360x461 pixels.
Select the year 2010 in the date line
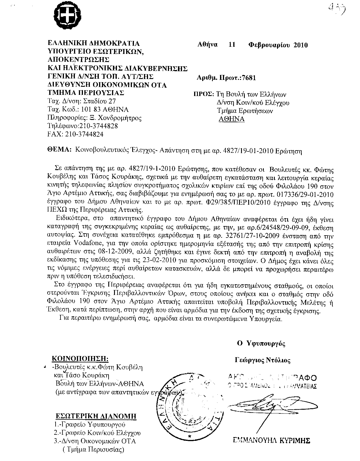(x=300, y=45)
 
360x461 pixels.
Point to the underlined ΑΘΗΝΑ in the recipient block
(x=232, y=119)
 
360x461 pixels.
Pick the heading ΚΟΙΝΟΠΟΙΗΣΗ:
(x=80, y=359)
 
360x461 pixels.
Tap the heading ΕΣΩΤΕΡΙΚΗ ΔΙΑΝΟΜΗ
(x=96, y=416)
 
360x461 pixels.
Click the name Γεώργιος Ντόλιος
(x=262, y=360)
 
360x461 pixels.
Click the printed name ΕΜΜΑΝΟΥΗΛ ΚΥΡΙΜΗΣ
(x=271, y=440)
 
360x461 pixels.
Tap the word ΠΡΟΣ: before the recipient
(x=203, y=95)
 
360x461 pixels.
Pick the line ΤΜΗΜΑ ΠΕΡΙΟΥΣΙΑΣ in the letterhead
(x=86, y=93)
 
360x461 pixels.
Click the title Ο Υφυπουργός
(x=261, y=343)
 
